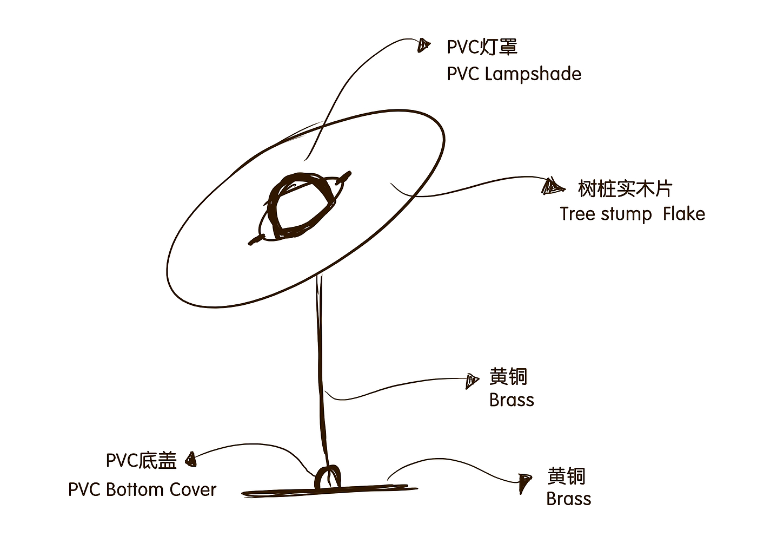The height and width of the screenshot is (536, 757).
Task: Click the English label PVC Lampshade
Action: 514,74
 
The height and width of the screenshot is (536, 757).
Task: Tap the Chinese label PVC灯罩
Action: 482,47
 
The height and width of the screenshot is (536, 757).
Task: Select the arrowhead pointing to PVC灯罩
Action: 424,45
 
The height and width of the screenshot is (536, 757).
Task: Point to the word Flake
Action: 684,214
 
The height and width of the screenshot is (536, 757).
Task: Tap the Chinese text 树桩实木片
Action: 625,189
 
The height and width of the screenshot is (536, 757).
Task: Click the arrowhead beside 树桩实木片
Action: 552,187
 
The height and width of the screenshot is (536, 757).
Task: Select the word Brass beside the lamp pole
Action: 512,400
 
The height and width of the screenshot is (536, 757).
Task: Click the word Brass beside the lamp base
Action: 568,499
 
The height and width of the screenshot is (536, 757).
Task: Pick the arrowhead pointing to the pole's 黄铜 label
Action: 472,381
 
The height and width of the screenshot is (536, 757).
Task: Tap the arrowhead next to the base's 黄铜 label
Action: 524,481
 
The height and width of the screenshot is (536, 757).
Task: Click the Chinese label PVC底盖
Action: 141,461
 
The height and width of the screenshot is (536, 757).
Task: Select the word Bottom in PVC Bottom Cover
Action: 135,489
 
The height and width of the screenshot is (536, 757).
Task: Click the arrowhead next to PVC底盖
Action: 190,460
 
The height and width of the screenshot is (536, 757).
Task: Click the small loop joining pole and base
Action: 328,476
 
